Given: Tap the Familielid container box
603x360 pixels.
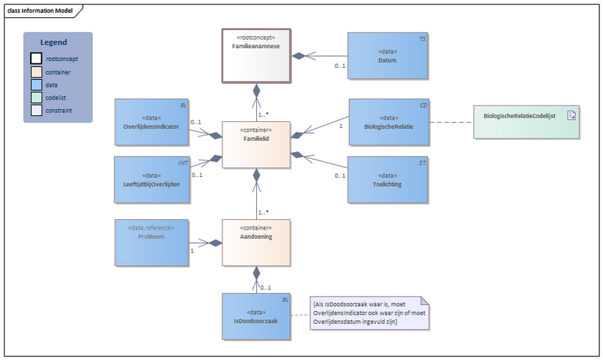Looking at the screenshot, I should [x=256, y=143].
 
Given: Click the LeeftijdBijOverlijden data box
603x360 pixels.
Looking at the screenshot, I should [x=151, y=179].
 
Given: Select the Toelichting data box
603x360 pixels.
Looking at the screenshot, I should [x=387, y=179].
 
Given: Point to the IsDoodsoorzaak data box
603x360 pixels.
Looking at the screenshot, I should [x=256, y=316].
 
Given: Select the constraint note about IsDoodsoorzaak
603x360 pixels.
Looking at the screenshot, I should [x=369, y=312].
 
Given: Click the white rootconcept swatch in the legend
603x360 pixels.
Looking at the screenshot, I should [x=36, y=58].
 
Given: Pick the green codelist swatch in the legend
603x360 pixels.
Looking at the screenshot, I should [x=36, y=99].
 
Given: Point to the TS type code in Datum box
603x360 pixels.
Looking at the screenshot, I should [x=422, y=38].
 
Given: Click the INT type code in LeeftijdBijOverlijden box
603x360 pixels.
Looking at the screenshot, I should [x=183, y=162].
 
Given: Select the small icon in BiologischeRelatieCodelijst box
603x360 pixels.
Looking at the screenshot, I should [x=571, y=114].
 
